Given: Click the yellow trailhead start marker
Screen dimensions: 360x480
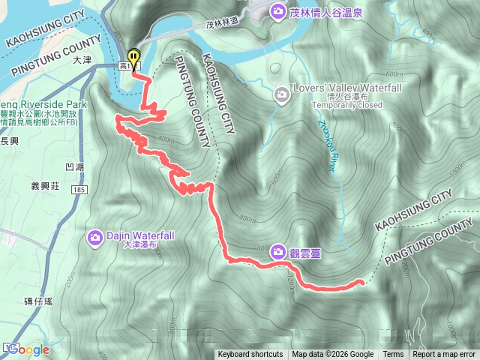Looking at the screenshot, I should click(133, 57).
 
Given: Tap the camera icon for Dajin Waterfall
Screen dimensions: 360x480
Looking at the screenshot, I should click(95, 238).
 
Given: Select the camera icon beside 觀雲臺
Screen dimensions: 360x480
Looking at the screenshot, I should click(278, 250).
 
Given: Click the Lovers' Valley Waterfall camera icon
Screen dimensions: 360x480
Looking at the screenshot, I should click(280, 94).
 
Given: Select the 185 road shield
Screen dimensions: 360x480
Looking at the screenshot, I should click(78, 191).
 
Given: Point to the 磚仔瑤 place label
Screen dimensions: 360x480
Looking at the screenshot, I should click(38, 301).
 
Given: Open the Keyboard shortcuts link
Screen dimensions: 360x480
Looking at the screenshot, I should click(250, 355).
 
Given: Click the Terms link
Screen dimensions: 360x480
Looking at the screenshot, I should click(393, 355).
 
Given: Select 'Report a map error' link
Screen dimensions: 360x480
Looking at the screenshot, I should click(445, 355).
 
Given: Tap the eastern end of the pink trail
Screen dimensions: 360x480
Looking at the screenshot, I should click(362, 282).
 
